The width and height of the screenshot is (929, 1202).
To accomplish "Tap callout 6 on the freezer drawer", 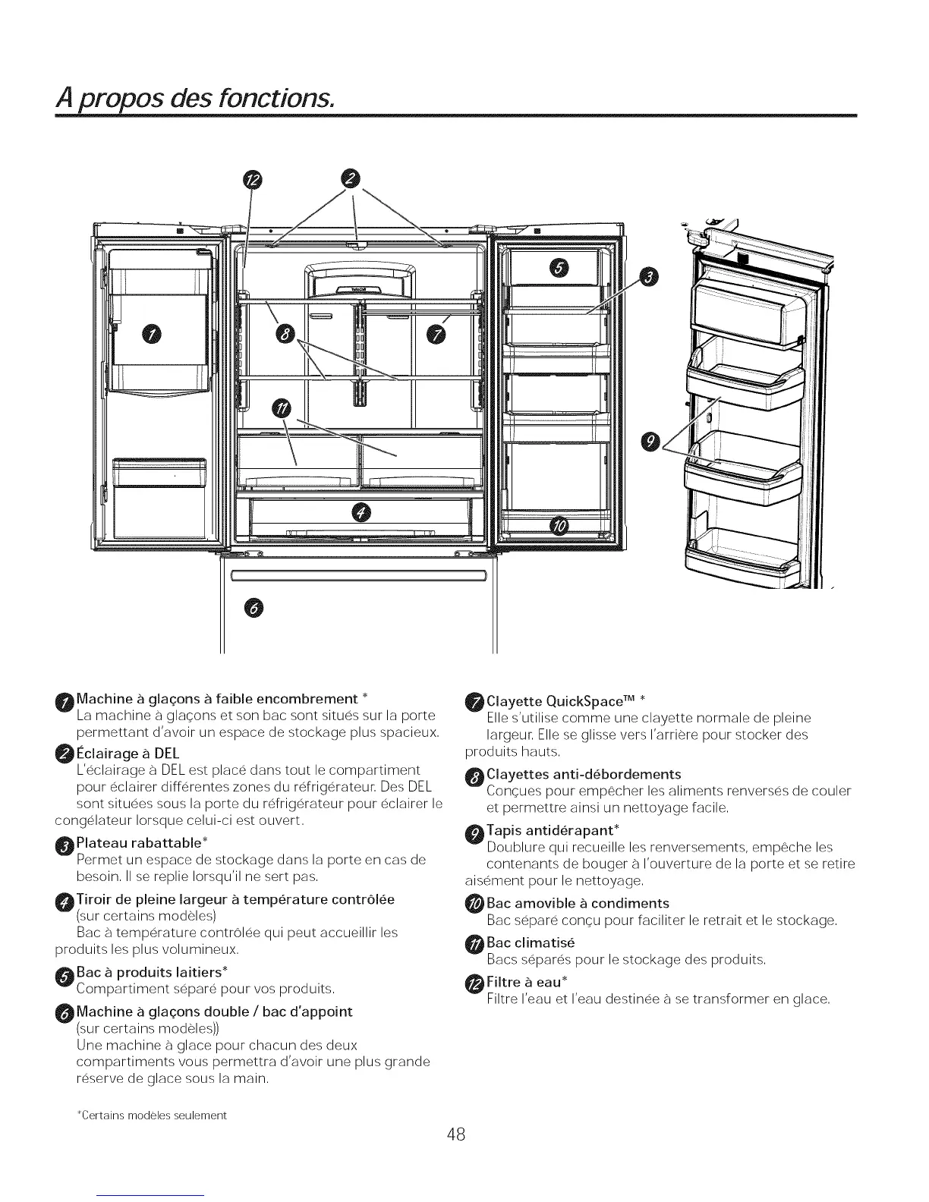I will coord(254,608).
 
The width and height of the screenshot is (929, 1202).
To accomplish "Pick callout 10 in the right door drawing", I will coord(559,526).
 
